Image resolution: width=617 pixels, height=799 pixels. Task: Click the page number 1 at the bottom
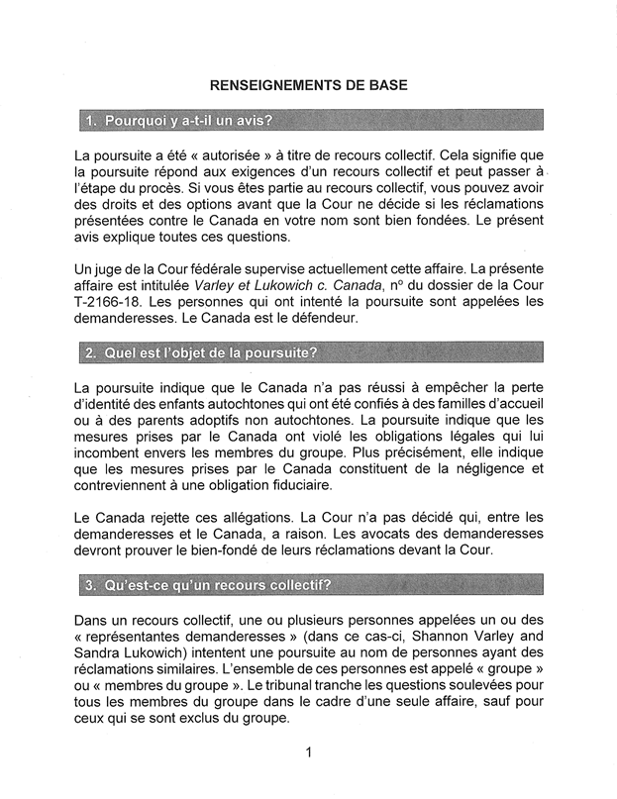pos(309,753)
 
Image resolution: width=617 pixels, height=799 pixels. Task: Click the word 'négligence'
pos(482,467)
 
